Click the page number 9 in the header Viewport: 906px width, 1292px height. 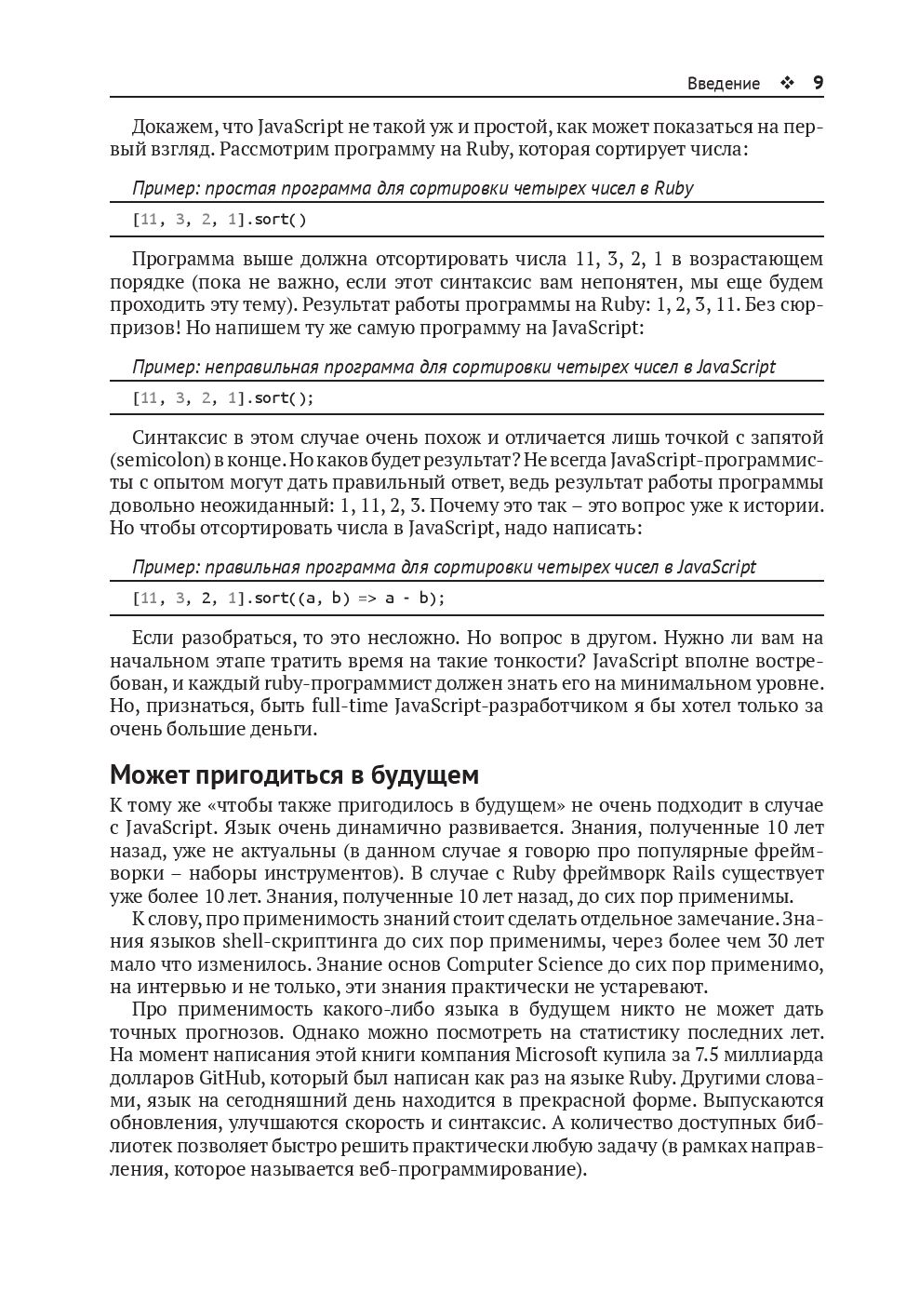tap(818, 83)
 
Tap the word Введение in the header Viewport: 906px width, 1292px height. tap(723, 84)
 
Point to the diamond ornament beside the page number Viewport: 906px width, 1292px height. tap(787, 83)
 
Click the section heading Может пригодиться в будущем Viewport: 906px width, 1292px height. tap(294, 774)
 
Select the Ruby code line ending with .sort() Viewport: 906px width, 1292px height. tap(220, 220)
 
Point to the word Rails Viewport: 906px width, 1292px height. tap(696, 873)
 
